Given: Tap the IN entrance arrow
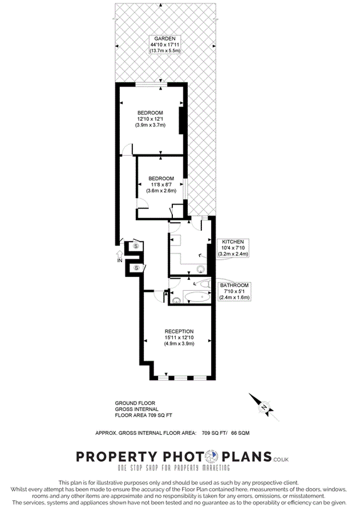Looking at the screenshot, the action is coord(120,254).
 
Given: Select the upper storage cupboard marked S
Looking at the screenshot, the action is coord(136,245).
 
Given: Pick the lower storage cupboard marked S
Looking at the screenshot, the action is coord(136,268).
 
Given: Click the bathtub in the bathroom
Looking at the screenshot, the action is coord(197,297).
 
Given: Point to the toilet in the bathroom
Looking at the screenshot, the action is coord(205,283).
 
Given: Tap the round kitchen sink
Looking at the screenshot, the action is coord(200,270).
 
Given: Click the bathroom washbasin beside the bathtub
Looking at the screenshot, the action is coord(176,300).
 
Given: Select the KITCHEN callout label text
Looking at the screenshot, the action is coord(233,242).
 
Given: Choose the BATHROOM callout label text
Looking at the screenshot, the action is coord(234,286).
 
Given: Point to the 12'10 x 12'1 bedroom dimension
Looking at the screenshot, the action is coord(150,119).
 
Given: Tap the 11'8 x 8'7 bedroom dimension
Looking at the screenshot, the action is coord(161,185).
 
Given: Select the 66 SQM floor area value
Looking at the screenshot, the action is coord(240,433).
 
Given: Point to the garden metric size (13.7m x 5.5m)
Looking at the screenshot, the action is coord(165,51).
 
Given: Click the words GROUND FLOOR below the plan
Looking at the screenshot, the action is coord(135,403).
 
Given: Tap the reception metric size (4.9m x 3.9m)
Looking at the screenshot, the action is coord(179,344).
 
